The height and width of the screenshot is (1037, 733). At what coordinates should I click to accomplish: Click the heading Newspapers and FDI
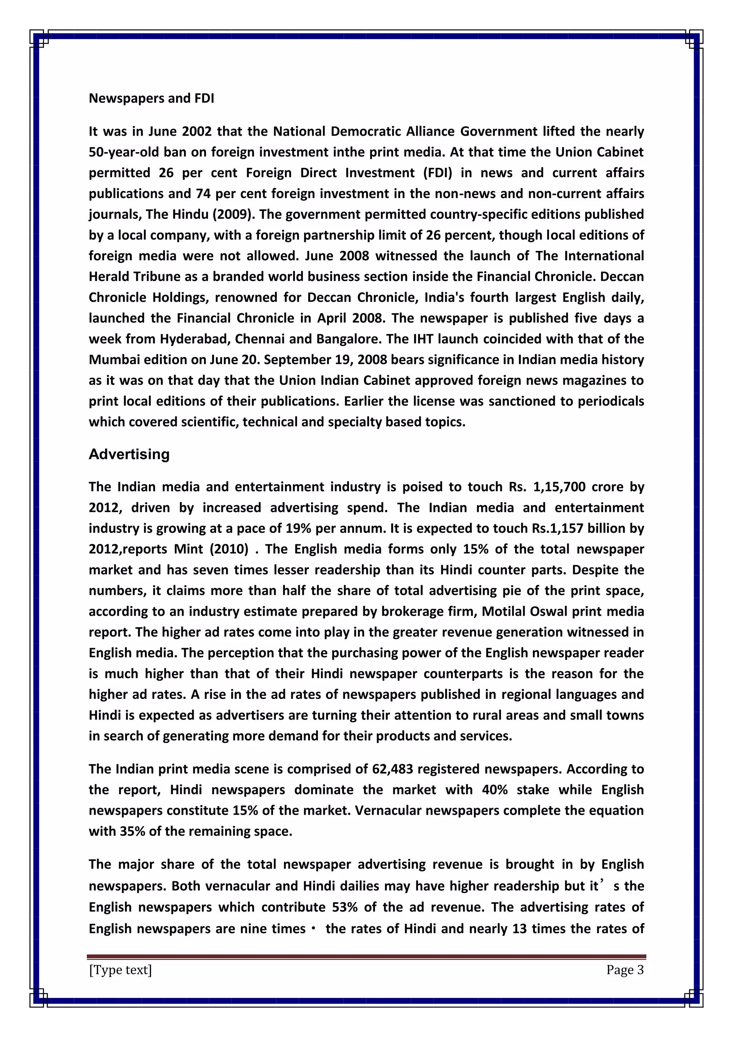pyautogui.click(x=151, y=98)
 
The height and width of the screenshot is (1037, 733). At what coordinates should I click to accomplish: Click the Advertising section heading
pyautogui.click(x=129, y=454)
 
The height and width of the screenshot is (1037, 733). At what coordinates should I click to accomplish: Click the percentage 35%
pyautogui.click(x=132, y=831)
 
